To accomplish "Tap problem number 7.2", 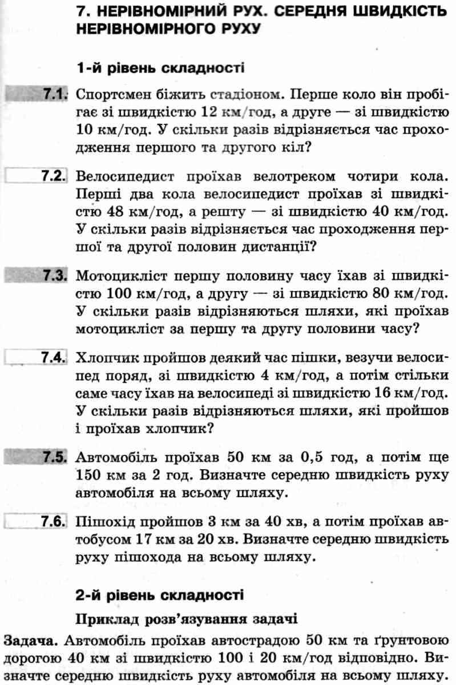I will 55,175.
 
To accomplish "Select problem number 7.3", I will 55,276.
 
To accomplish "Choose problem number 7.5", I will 55,458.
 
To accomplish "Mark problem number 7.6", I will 55,522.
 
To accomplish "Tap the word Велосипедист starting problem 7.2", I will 130,176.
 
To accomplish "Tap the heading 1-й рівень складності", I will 160,68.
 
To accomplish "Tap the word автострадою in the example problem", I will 257,638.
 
